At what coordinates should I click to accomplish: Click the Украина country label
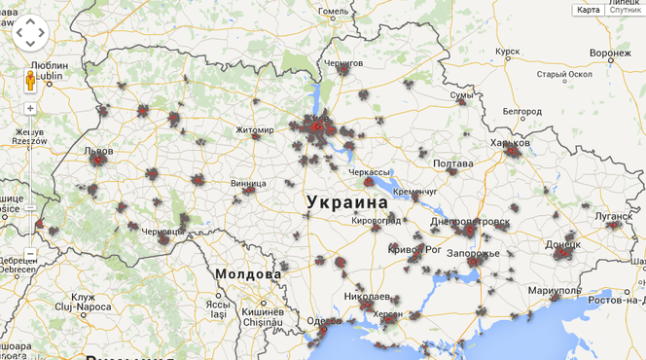click(x=346, y=202)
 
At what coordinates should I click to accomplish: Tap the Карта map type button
click(x=589, y=10)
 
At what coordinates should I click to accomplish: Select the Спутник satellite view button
click(x=626, y=10)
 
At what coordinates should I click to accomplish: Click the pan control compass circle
click(x=30, y=33)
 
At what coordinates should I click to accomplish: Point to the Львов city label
click(x=99, y=152)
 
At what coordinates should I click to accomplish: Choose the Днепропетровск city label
click(x=470, y=222)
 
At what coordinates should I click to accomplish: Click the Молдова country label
click(x=249, y=274)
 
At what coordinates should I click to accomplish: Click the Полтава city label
click(x=452, y=163)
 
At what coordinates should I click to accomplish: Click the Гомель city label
click(x=334, y=12)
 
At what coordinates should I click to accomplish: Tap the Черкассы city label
click(x=370, y=171)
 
